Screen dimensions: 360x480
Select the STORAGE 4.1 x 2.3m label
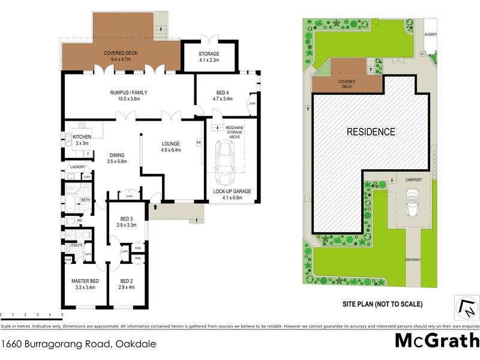pos(209,57)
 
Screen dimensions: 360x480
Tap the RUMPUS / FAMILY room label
pos(128,96)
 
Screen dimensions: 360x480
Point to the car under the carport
pos(412,203)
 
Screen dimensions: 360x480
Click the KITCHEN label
pos(81,140)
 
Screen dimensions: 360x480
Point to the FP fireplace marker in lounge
pos(199,143)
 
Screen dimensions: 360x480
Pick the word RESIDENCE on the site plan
pos(371,132)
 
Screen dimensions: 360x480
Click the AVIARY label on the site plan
pos(430,35)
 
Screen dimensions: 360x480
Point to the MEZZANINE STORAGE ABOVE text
pos(233,131)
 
